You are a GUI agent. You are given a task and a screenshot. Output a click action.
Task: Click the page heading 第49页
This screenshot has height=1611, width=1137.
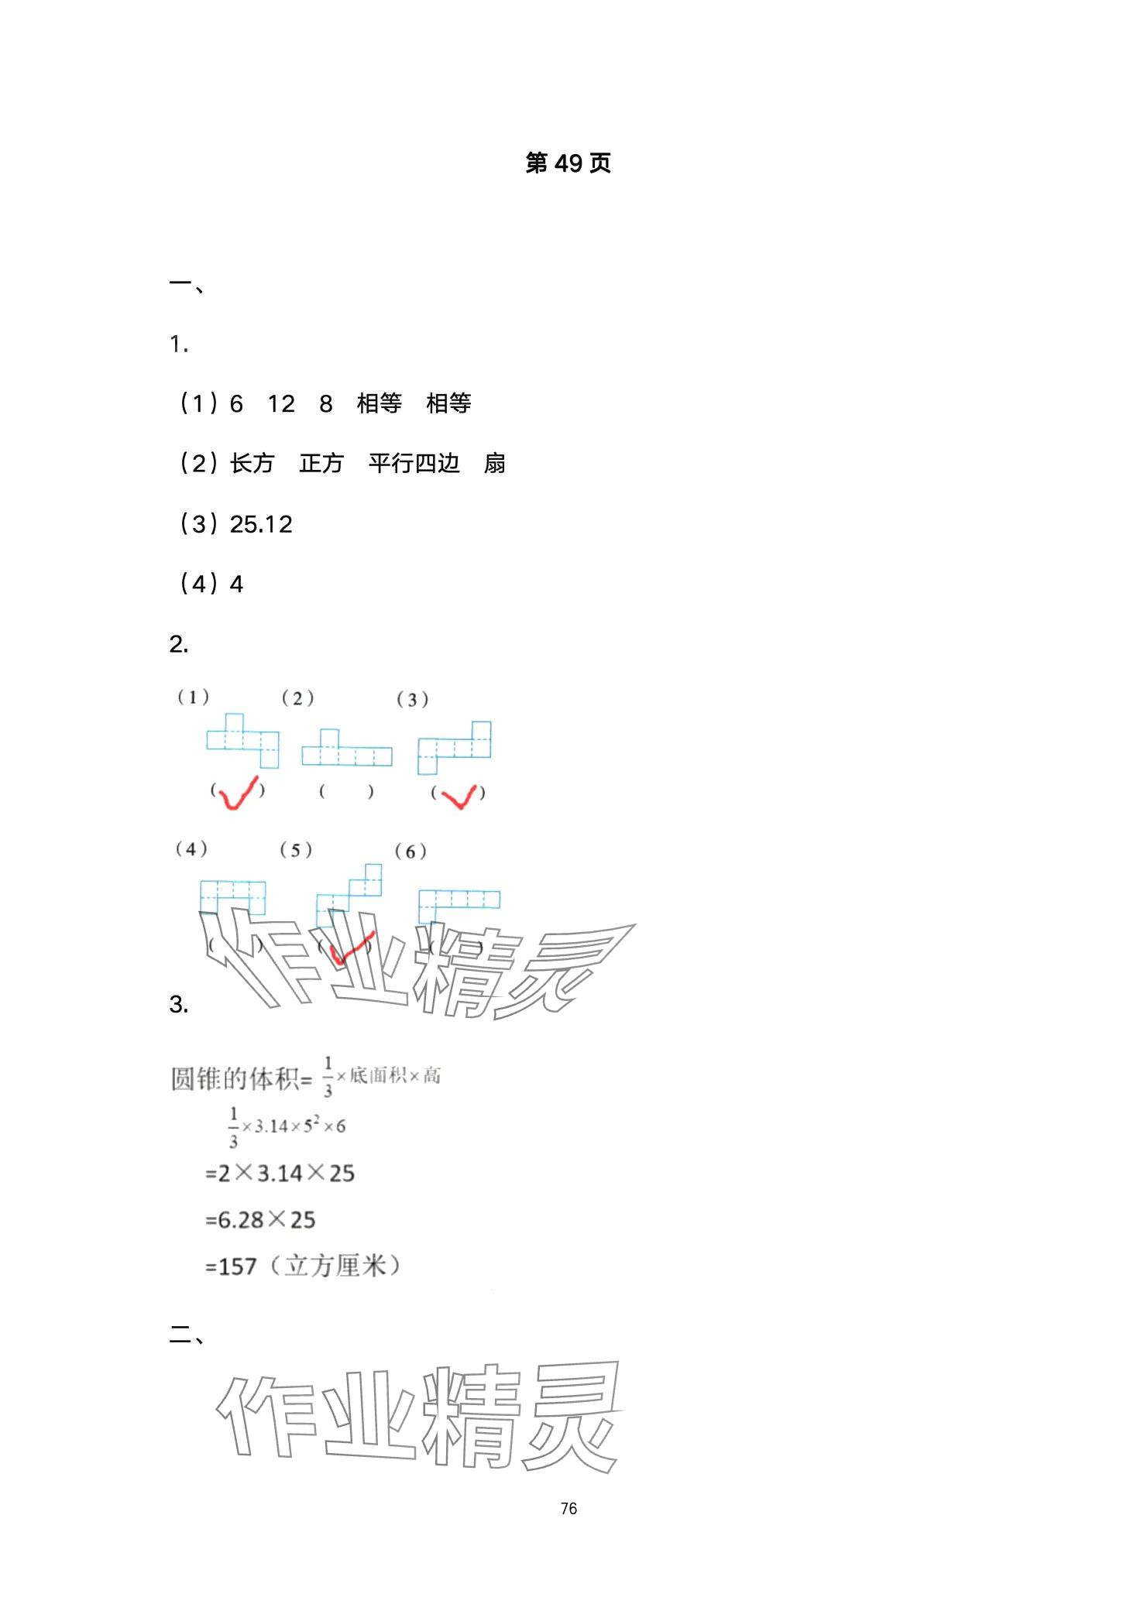click(568, 163)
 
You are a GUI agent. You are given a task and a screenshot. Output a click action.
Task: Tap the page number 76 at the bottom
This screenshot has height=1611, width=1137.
click(568, 1508)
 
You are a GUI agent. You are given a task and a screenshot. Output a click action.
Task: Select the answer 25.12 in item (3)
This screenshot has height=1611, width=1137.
click(261, 525)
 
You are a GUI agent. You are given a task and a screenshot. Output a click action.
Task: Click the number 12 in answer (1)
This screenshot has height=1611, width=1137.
click(281, 404)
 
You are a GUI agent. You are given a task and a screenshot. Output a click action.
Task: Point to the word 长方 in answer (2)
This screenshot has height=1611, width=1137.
click(252, 464)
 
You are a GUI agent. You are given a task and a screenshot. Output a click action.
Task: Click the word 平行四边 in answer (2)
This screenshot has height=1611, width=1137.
click(414, 464)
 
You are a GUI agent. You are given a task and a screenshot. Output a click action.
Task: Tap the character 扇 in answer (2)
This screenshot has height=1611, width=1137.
click(494, 464)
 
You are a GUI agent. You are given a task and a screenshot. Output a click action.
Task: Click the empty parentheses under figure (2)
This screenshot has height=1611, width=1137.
click(346, 792)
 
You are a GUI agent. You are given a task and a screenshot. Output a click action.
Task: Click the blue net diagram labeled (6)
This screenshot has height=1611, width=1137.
click(459, 904)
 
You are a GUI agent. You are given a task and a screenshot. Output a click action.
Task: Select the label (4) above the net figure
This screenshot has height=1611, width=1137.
click(191, 849)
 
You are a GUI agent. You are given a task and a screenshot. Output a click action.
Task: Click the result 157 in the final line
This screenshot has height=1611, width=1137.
click(237, 1267)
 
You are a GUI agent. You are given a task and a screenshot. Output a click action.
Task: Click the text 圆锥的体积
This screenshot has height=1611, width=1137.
click(234, 1078)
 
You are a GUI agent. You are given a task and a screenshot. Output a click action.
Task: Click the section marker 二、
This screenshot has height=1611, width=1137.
click(186, 1335)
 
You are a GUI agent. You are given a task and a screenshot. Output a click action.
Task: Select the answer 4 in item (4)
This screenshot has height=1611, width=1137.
click(237, 584)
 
